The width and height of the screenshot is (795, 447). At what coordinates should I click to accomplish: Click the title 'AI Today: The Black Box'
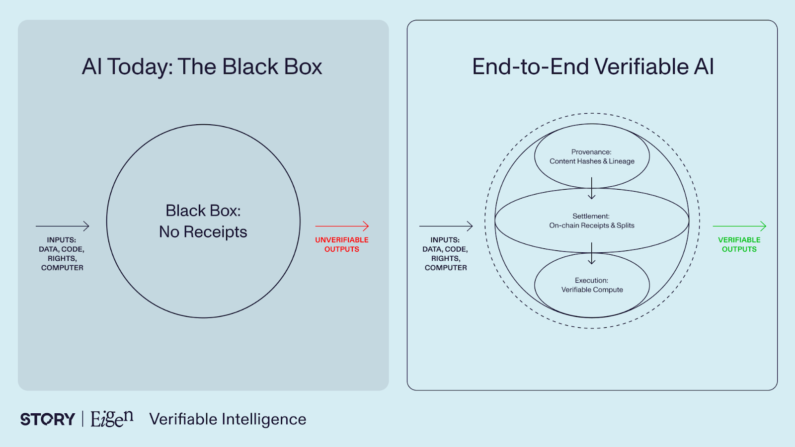(x=202, y=67)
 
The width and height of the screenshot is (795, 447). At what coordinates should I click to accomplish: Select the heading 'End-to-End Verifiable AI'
(x=593, y=67)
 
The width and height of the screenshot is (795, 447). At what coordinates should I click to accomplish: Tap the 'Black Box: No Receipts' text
(x=203, y=221)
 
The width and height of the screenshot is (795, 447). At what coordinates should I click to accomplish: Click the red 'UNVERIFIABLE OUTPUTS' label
(x=342, y=244)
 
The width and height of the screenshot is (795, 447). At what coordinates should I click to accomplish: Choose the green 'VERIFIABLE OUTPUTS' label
(x=739, y=244)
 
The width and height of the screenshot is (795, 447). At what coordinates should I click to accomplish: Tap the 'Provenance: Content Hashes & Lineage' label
(x=592, y=156)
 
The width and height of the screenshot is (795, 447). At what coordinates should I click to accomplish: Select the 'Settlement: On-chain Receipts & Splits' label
(x=591, y=221)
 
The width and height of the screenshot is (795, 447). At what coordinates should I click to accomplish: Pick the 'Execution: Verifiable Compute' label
(x=592, y=285)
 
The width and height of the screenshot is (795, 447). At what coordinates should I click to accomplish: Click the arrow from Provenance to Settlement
(x=592, y=189)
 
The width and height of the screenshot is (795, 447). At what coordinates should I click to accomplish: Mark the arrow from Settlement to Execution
(x=592, y=253)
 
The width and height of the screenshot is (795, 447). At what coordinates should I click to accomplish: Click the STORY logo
(x=48, y=419)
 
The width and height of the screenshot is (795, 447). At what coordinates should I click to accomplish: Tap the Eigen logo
(x=112, y=419)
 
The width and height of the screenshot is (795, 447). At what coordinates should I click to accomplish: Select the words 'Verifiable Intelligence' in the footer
(x=228, y=419)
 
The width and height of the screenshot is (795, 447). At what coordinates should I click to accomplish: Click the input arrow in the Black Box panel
(x=63, y=226)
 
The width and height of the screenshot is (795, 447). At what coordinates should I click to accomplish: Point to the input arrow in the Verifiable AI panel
(x=446, y=226)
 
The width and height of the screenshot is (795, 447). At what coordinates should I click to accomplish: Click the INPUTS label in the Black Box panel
(x=62, y=254)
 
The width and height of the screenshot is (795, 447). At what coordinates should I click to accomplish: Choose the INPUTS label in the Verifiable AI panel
(x=446, y=254)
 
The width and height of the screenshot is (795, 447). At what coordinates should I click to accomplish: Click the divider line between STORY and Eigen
(x=82, y=419)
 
